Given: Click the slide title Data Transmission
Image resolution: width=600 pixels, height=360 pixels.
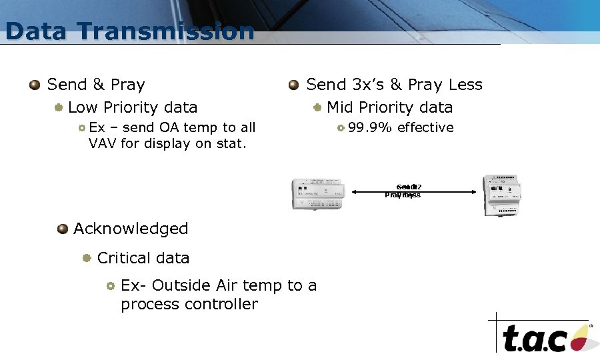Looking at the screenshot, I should click(129, 31).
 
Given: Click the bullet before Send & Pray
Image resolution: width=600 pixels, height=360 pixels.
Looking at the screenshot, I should click(35, 85).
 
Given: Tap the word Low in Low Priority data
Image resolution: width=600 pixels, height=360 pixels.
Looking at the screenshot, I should click(83, 107).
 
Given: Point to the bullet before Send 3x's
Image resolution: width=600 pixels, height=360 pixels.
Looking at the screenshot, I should click(293, 85).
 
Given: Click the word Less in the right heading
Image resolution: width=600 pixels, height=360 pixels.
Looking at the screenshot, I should click(465, 85).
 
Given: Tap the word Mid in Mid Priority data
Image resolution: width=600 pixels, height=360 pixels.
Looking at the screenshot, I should click(340, 107).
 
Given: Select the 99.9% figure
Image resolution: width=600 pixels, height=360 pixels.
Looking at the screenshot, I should click(370, 127).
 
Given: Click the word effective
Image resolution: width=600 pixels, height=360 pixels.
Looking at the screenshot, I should click(425, 127).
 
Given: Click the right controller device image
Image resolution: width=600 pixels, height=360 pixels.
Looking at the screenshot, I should click(503, 195).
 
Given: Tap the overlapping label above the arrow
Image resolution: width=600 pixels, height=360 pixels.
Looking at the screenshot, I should click(404, 191).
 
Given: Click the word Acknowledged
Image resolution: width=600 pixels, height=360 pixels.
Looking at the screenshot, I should click(131, 229).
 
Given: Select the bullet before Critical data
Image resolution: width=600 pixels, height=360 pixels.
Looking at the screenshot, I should click(87, 258).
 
